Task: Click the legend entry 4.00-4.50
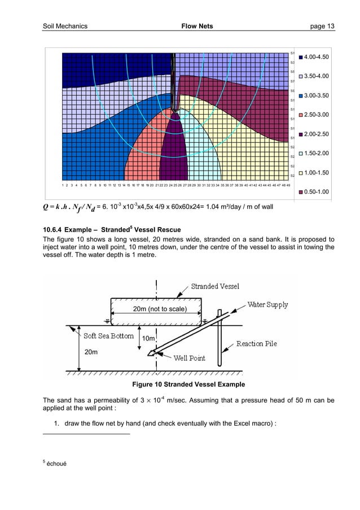point(317,57)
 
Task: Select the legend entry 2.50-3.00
point(317,115)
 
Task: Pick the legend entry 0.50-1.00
point(317,192)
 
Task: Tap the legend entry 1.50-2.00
point(317,154)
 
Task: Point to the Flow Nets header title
point(194,26)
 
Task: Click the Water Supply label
point(268,305)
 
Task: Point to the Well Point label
point(189,358)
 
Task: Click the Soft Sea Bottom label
point(108,336)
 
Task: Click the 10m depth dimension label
point(148,338)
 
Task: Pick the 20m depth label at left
point(91,351)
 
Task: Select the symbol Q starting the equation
point(46,208)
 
